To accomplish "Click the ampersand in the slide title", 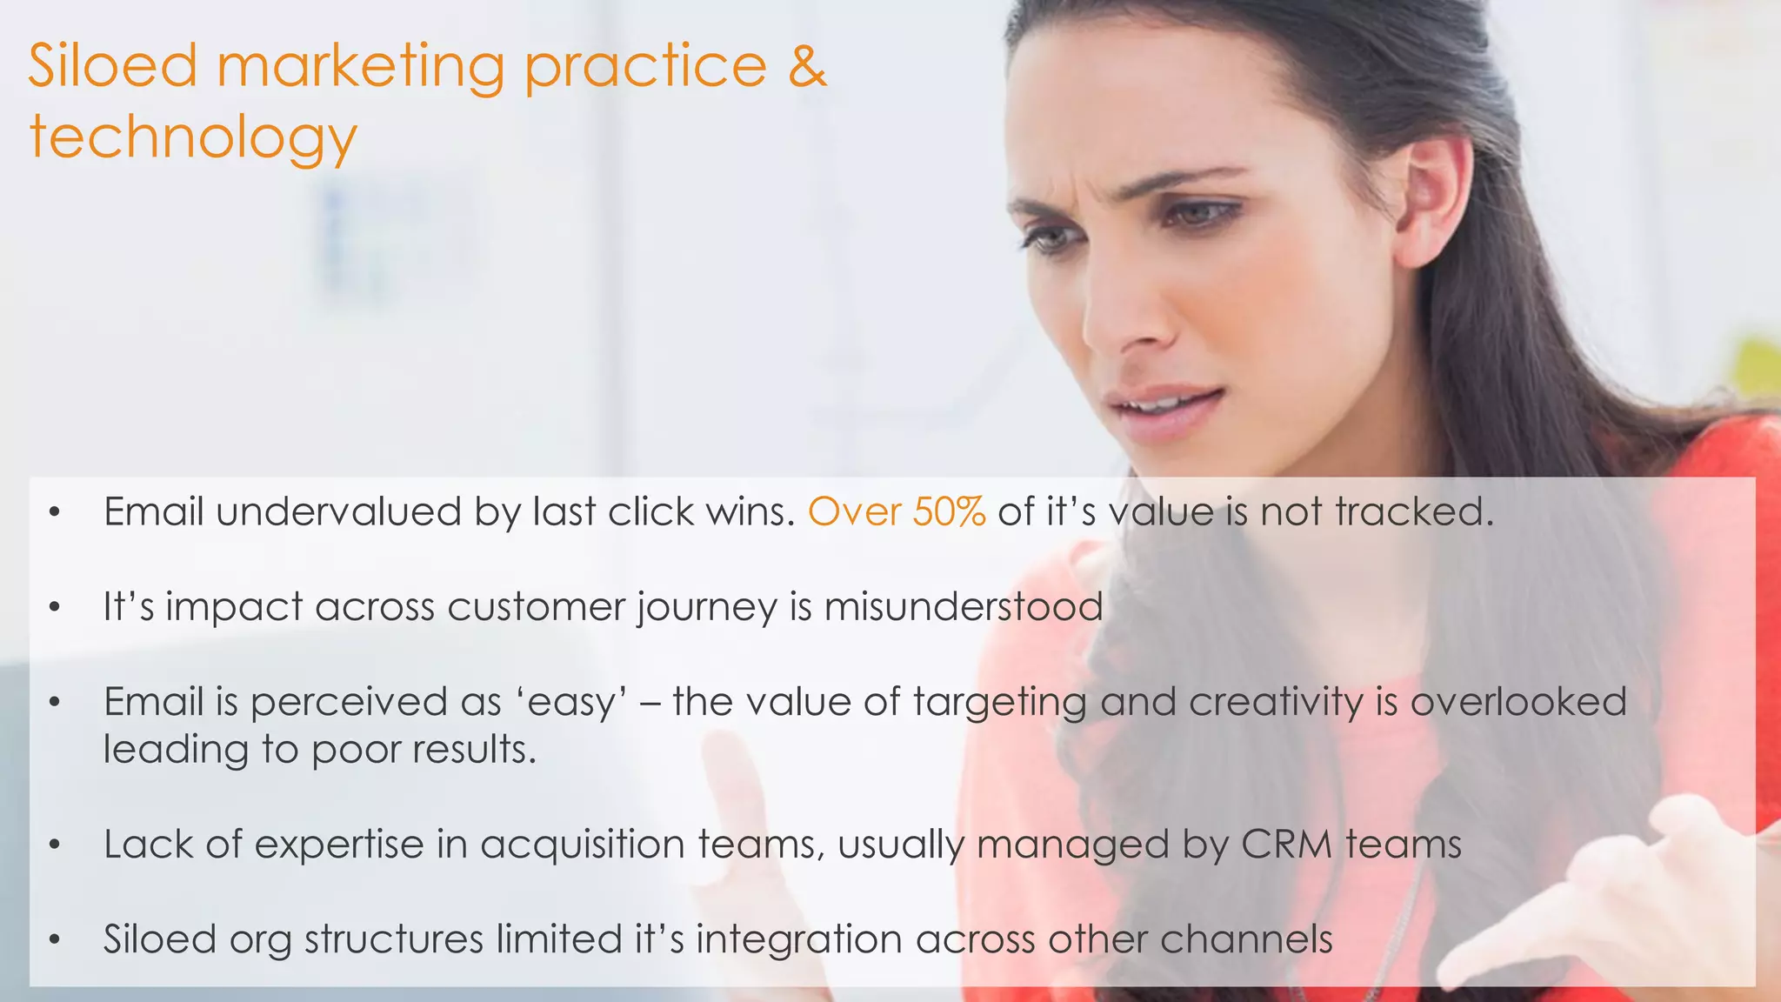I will point(807,67).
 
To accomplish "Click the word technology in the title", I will point(193,139).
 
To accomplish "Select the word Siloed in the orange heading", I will point(113,67).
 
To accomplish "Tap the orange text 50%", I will point(949,512).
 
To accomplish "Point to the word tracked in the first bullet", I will point(1414,512).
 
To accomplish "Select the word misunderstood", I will point(964,606).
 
